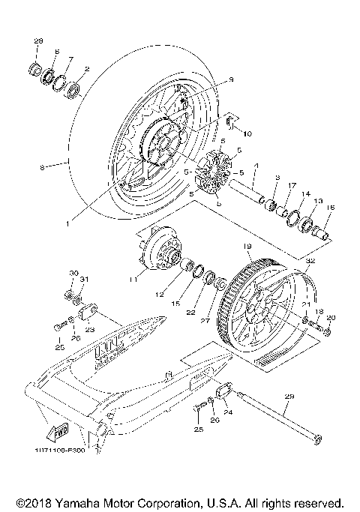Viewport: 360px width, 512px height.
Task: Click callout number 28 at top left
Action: click(39, 39)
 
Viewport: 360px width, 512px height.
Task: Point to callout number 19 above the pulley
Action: click(246, 245)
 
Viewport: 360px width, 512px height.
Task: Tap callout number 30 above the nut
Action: click(73, 273)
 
